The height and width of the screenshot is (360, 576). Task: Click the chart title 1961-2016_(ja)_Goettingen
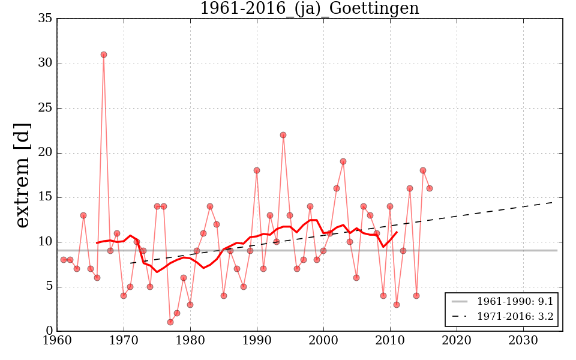tap(309, 9)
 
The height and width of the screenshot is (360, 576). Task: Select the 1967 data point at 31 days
tap(104, 55)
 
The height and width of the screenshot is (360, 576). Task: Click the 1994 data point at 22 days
tap(283, 135)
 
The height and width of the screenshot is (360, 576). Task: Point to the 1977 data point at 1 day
tap(170, 322)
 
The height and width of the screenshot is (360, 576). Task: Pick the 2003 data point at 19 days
tap(343, 161)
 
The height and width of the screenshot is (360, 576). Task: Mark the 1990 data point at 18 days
tap(257, 170)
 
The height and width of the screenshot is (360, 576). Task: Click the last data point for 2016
tap(430, 188)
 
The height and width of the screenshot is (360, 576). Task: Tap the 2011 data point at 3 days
tap(397, 305)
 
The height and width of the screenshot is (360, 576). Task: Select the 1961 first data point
tap(64, 260)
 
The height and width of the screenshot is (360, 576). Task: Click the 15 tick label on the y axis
tap(46, 197)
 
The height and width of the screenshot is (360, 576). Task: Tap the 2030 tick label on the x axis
tap(523, 341)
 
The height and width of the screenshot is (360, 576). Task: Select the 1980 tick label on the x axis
tap(191, 341)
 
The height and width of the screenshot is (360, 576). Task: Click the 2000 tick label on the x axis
tap(324, 341)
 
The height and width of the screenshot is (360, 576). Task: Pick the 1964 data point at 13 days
tap(83, 215)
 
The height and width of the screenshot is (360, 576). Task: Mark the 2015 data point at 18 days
tap(423, 170)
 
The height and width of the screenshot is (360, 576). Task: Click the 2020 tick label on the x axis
tap(457, 341)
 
